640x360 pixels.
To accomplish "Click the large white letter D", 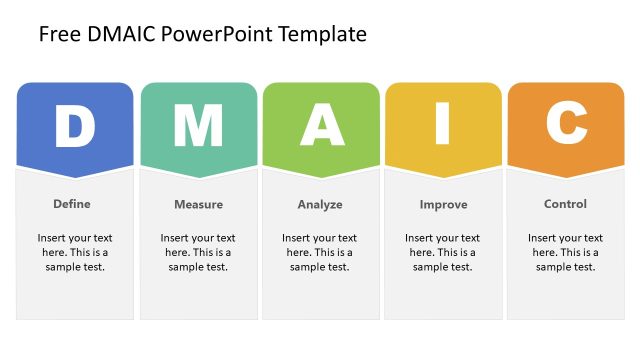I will click(x=74, y=126).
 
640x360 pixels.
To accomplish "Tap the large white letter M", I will click(x=198, y=126).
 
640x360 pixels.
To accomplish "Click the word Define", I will click(x=72, y=204).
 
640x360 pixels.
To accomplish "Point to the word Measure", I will click(x=198, y=205).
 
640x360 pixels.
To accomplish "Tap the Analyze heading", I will click(x=320, y=205).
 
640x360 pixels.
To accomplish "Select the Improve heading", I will click(x=443, y=205).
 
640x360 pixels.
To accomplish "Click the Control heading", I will click(x=565, y=204).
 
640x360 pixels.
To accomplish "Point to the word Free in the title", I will click(x=56, y=35).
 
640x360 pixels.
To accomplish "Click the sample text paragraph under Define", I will click(x=75, y=253).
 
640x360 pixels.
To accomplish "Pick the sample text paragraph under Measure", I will click(x=198, y=253).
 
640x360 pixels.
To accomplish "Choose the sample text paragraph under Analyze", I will click(x=320, y=253).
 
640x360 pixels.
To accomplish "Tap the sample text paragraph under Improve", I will click(x=443, y=253).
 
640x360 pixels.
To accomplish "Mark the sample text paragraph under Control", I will click(x=566, y=253).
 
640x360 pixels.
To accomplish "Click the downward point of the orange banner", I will click(x=566, y=177).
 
